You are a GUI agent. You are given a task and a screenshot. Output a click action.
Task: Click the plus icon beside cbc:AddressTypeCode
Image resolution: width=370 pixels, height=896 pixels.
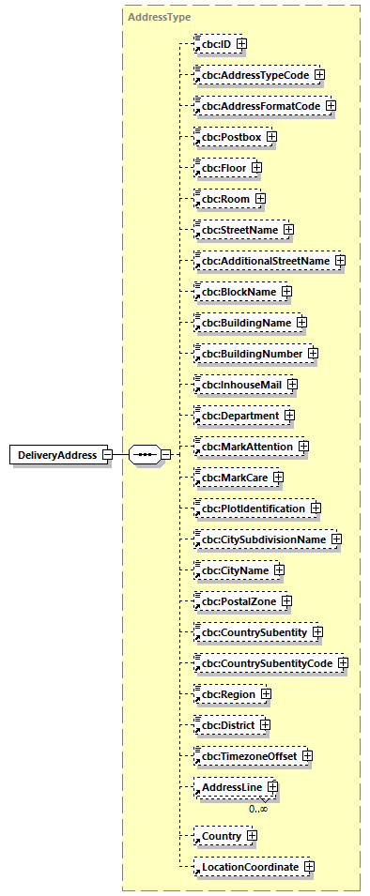319,74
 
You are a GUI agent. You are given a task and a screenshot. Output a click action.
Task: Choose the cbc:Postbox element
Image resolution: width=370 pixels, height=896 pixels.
228,136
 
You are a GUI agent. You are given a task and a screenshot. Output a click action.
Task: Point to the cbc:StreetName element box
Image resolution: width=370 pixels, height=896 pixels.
237,229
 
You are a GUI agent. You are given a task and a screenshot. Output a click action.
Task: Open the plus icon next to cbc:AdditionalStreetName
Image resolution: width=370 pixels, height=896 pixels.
340,260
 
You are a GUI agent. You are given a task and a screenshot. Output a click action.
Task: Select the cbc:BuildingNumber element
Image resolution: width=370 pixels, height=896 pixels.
249,353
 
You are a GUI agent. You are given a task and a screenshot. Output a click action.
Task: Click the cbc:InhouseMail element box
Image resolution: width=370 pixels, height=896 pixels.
239,384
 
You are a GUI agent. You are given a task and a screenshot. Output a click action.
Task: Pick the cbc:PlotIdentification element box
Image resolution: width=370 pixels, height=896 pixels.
250,508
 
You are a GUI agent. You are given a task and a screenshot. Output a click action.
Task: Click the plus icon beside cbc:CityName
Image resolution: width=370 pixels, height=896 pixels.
280,570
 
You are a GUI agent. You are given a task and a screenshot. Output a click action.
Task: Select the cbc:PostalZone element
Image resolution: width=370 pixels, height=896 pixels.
235,600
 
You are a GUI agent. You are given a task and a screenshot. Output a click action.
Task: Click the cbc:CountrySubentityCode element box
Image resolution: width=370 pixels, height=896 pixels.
264,662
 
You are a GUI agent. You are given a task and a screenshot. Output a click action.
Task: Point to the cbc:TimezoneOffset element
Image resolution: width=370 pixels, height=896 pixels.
246,755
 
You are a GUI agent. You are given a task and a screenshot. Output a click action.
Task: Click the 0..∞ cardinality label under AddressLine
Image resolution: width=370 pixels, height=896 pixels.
258,808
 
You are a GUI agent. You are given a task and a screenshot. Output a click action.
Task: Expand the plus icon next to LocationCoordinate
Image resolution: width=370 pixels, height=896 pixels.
309,867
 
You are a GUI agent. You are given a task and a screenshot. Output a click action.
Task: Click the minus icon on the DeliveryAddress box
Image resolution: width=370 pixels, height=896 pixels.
107,455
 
